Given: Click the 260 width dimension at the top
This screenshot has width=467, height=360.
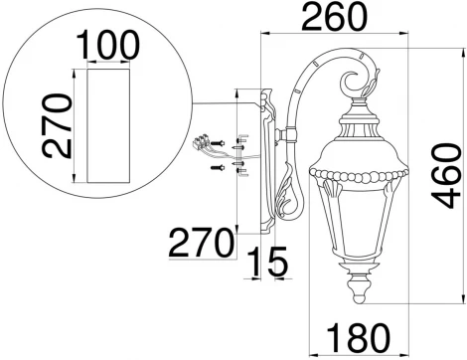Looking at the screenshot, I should [x=336, y=17].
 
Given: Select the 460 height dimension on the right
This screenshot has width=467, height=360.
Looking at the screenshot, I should [x=447, y=178].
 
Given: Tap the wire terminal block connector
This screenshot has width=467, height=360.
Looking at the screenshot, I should [x=205, y=142].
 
